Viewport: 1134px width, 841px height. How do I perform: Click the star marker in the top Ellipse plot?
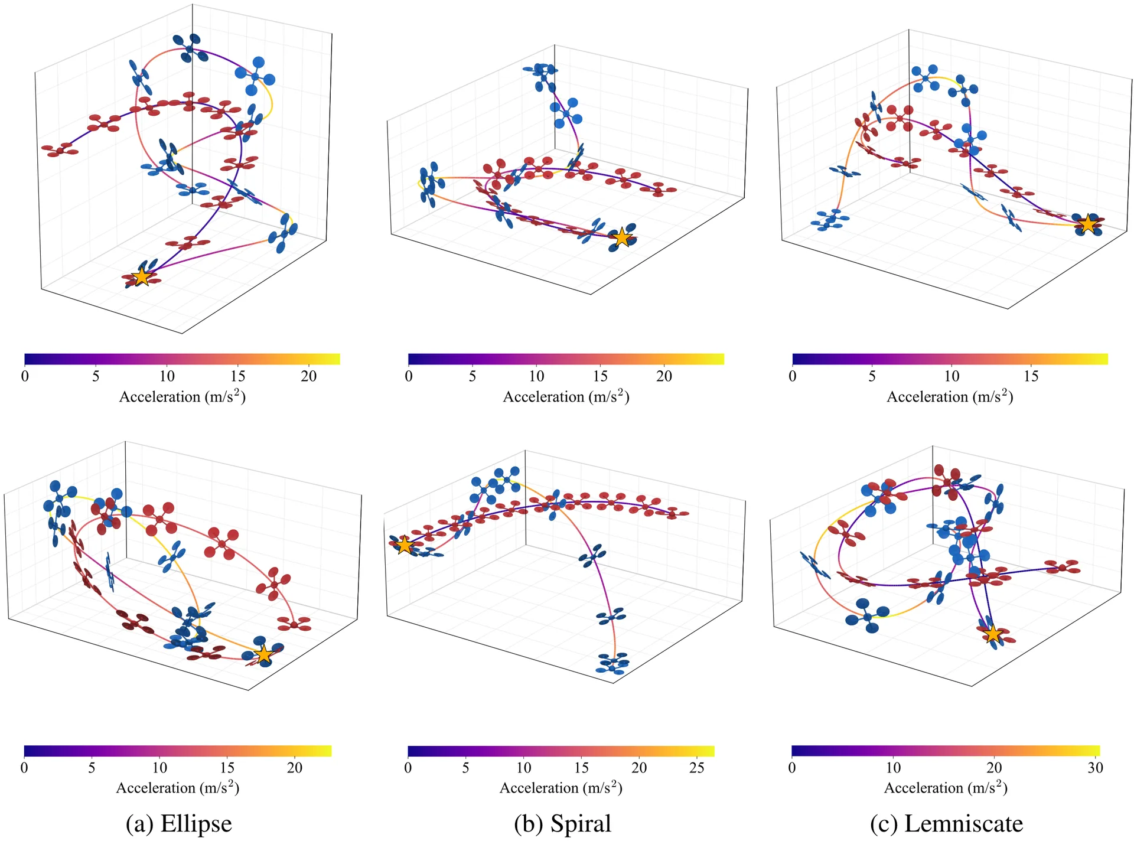[x=142, y=276]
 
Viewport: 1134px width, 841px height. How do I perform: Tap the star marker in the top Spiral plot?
[x=622, y=237]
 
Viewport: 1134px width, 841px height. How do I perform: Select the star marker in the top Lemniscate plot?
[x=1087, y=224]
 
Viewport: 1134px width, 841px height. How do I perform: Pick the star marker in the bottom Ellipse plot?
[x=264, y=654]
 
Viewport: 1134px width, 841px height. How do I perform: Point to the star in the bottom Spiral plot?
[x=404, y=545]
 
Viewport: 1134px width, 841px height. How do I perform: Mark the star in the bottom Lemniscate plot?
[x=993, y=634]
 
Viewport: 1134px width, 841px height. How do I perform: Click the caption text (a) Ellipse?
[x=178, y=823]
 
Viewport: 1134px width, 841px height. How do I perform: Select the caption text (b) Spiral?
[x=562, y=823]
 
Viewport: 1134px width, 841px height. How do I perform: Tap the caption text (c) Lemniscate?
[x=946, y=823]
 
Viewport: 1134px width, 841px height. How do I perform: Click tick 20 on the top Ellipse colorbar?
[x=309, y=376]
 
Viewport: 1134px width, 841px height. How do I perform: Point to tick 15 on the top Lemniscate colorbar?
[x=1031, y=376]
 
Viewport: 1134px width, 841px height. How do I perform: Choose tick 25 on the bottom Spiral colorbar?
[x=697, y=767]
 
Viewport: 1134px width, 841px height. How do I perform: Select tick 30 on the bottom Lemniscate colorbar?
[x=1096, y=767]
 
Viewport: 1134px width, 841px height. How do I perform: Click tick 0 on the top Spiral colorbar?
[x=409, y=376]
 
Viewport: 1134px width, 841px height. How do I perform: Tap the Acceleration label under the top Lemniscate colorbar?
[x=950, y=396]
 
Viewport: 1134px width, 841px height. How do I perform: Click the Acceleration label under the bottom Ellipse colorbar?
[x=178, y=787]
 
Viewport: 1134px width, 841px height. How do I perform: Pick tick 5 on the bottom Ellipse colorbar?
[x=92, y=767]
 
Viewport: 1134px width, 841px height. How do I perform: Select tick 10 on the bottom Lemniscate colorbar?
[x=893, y=767]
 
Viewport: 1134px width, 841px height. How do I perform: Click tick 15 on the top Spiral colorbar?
[x=600, y=376]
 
